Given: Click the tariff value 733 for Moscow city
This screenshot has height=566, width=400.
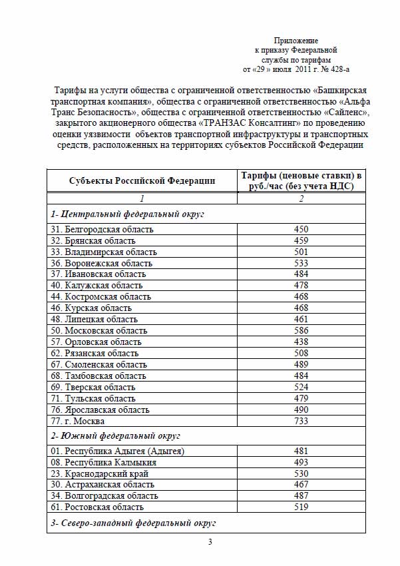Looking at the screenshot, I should [301, 421].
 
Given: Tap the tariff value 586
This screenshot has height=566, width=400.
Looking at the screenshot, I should [301, 330].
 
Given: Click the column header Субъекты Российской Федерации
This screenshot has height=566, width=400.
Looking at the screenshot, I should [142, 180].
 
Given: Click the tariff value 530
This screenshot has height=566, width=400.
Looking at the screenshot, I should [301, 473].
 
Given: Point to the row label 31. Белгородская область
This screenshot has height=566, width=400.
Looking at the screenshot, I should [102, 230].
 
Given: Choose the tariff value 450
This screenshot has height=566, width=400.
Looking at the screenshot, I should [301, 230].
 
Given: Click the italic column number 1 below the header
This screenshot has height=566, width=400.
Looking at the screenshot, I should [142, 198].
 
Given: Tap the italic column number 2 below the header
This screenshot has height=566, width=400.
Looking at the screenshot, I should [301, 198].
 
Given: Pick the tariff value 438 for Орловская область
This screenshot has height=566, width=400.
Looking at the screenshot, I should [301, 342].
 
